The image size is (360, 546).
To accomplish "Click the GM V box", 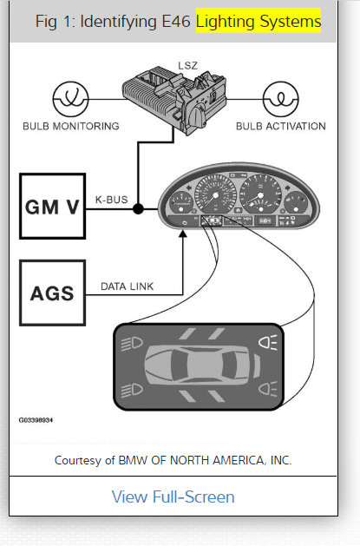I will pyautogui.click(x=52, y=206).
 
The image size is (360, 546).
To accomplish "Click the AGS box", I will pyautogui.click(x=52, y=293).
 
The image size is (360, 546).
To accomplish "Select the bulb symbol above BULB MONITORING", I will pyautogui.click(x=71, y=97).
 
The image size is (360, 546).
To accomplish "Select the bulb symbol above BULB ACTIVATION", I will pyautogui.click(x=279, y=97).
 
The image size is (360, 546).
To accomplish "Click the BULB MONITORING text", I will pyautogui.click(x=71, y=126).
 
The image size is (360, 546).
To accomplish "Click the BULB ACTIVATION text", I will pyautogui.click(x=280, y=126).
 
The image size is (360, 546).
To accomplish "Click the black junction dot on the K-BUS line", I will pyautogui.click(x=137, y=208).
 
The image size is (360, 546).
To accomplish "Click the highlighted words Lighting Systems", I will pyautogui.click(x=258, y=21).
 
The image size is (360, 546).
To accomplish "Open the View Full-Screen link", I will pyautogui.click(x=173, y=497).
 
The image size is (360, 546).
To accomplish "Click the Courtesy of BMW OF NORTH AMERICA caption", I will pyautogui.click(x=173, y=460).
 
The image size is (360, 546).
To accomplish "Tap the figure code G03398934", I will pyautogui.click(x=36, y=418).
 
